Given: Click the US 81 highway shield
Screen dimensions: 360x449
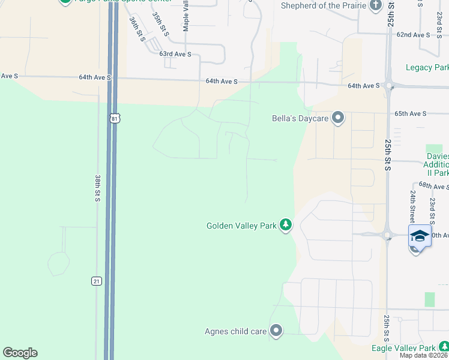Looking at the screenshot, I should coord(115,118).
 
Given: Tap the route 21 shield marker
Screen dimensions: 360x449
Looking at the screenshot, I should coord(96,281).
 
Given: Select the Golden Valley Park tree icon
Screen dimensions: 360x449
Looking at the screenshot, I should coord(286,226).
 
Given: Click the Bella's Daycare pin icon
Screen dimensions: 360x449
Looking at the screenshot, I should coord(338,118).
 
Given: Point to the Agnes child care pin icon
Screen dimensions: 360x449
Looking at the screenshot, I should coord(276,331).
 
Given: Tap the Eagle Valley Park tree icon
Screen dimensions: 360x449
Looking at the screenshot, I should coord(443,347).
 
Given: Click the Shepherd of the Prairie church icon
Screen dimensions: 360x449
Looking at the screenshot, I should coord(376,6).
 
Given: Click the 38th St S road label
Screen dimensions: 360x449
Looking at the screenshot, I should coord(97,188).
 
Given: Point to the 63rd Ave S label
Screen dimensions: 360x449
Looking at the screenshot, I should coord(175,54).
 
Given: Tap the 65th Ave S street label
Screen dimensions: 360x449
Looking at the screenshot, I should coord(410,113).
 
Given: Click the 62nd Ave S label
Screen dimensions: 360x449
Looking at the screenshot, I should coord(413,35).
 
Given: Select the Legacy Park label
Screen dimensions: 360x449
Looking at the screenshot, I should coord(427,67).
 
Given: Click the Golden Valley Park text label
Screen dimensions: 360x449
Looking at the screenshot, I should coord(241,226).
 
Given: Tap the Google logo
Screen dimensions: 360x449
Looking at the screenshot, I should coord(20,353).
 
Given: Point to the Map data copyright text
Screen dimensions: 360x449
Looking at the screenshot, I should coord(424,355).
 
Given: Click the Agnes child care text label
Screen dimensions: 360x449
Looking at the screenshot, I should coord(235,331).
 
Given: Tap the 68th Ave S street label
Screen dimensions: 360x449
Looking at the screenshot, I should coord(433,187).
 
